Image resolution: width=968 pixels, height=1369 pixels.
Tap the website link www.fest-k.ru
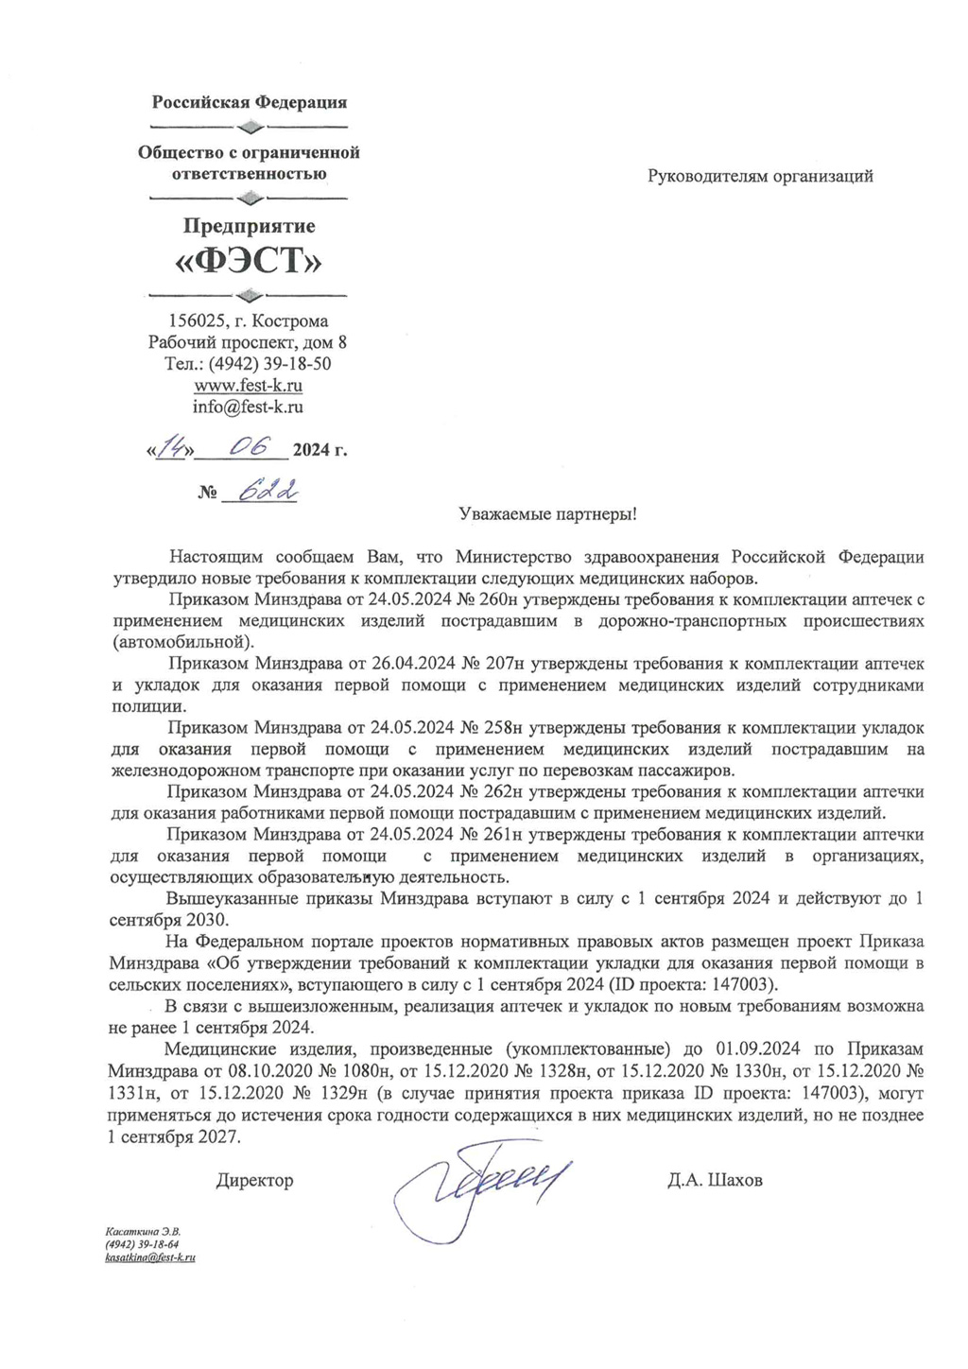pyautogui.click(x=249, y=386)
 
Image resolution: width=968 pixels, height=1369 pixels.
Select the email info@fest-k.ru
pyautogui.click(x=249, y=407)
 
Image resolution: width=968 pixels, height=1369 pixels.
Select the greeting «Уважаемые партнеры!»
pyautogui.click(x=547, y=514)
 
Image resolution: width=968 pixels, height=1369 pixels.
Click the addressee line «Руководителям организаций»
pyautogui.click(x=760, y=176)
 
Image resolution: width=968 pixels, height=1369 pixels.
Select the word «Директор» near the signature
pyautogui.click(x=254, y=1180)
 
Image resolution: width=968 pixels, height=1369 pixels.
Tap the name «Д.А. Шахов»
pyautogui.click(x=715, y=1180)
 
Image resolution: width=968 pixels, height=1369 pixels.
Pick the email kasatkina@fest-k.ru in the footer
pyautogui.click(x=150, y=1257)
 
